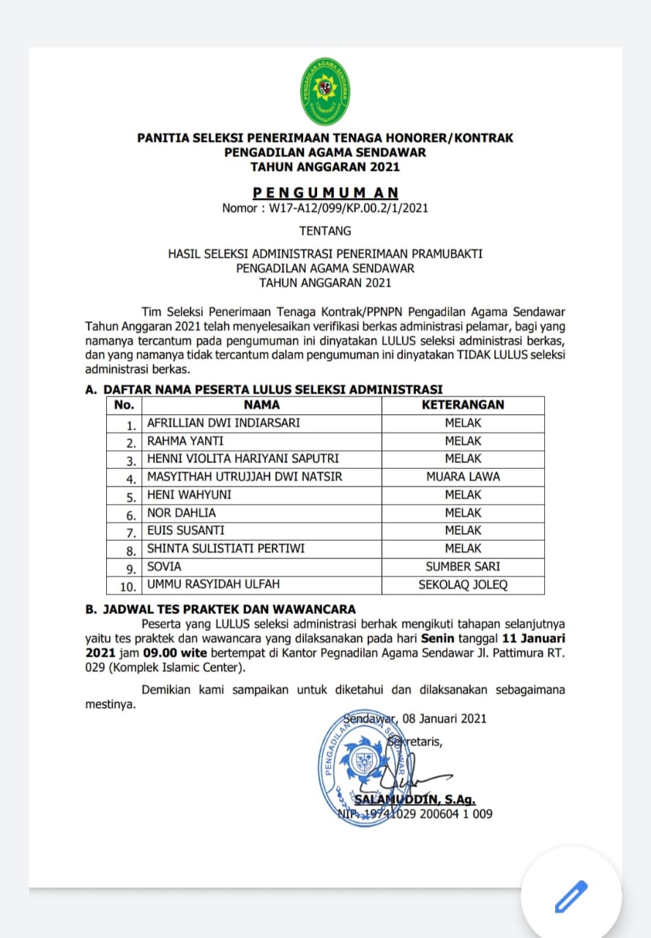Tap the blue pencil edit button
coord(571,895)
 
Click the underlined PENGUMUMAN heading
coord(325,193)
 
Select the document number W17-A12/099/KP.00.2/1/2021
coord(325,207)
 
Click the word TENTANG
coord(325,231)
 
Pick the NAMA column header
coord(261,405)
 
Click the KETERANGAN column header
coord(463,405)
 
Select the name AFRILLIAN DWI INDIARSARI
coord(223,423)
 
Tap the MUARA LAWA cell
coord(463,476)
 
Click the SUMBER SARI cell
coord(463,566)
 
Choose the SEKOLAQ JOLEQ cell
coord(463,585)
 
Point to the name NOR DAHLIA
coord(182,513)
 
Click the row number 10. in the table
coord(128,586)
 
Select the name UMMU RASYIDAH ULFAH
coord(213,585)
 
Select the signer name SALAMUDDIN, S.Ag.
coord(414,800)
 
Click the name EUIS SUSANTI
coord(186,531)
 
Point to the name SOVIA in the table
coord(164,566)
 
